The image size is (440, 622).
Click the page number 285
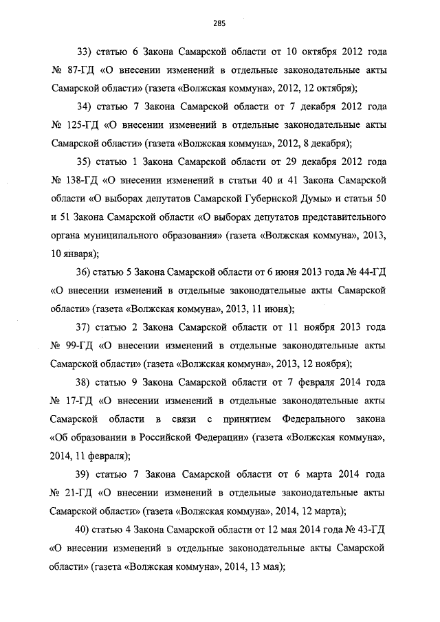tap(219, 23)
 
